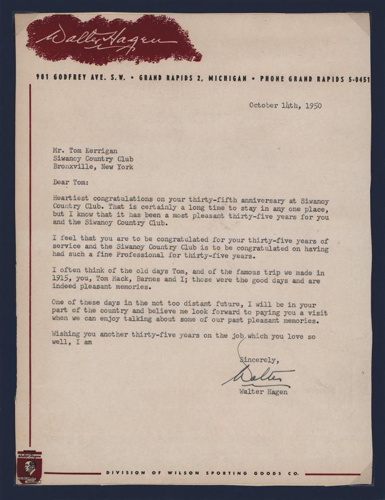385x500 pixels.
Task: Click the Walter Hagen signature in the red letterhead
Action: [x=104, y=39]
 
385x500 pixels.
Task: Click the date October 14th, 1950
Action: [x=285, y=105]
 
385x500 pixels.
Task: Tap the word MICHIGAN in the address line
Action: [x=224, y=79]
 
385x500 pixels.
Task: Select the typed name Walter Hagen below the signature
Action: [x=262, y=392]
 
